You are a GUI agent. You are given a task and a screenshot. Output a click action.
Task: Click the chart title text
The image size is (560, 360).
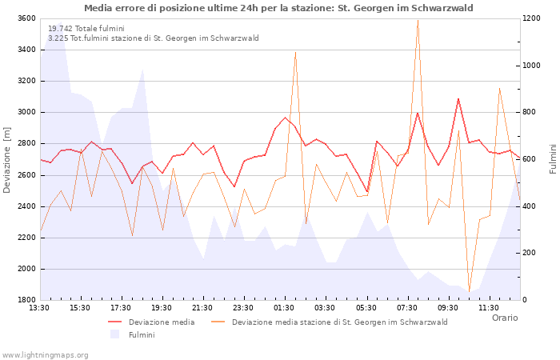pos(278,8)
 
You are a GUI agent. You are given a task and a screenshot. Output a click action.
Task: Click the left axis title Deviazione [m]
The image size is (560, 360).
pos(7,159)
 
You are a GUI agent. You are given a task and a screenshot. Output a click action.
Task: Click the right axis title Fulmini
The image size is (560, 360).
pos(552,159)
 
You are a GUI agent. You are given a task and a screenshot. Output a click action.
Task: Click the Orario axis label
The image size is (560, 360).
pos(504,318)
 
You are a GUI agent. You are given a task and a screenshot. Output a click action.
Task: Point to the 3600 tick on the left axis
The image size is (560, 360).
pos(25,18)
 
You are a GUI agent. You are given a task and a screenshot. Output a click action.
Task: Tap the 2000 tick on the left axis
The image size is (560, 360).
pos(25,269)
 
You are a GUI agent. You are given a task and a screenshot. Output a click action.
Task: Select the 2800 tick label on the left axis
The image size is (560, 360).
pos(25,144)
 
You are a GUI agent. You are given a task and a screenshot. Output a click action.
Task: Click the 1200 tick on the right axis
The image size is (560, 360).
pos(533,18)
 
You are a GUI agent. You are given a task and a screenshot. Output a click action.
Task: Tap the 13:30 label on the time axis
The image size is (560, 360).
pos(39,307)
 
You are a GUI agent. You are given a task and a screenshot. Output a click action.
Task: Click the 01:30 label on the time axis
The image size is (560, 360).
pos(284,307)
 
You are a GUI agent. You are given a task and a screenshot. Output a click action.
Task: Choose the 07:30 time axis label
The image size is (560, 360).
pos(407,307)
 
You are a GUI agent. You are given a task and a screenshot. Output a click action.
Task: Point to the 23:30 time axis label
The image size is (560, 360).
pos(243,307)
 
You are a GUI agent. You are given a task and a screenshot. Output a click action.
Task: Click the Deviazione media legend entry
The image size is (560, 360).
pos(161,322)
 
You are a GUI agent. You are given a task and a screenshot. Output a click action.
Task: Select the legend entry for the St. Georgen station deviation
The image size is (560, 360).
pos(339,322)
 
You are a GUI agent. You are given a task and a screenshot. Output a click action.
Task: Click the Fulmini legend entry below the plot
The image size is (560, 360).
pos(141,334)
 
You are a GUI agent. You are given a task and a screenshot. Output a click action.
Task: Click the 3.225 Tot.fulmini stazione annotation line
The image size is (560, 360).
pos(153,38)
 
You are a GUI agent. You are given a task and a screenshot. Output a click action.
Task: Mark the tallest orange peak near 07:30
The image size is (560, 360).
pos(418,21)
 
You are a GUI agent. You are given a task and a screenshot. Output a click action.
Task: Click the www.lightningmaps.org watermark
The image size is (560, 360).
pos(45,354)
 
